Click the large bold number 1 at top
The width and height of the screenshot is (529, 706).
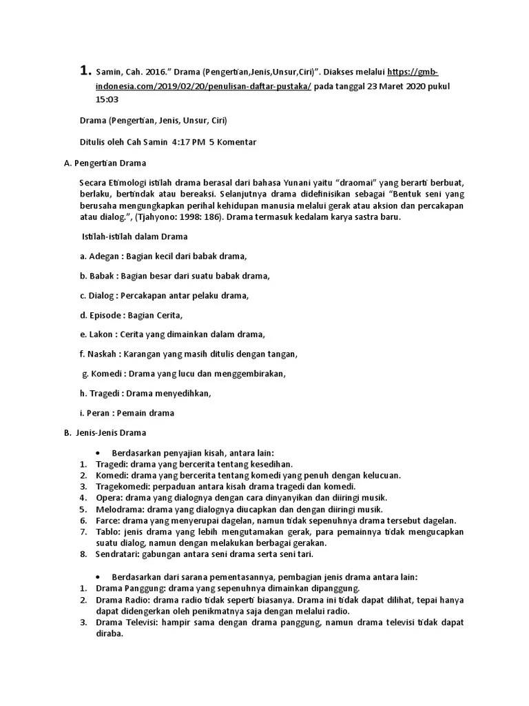coord(85,70)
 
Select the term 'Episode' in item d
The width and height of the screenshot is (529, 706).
coord(107,315)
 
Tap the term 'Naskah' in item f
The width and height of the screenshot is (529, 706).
coord(104,354)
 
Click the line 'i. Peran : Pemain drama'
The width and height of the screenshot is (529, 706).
coord(127,413)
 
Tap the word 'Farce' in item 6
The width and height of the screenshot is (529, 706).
coord(107,521)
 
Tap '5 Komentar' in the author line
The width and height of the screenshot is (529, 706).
coord(233,142)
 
